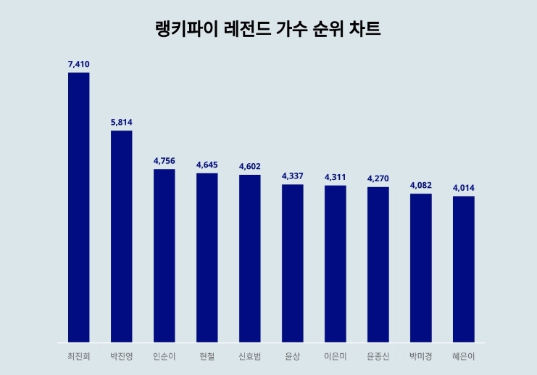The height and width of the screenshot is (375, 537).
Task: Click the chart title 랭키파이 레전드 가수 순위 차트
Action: pyautogui.click(x=268, y=30)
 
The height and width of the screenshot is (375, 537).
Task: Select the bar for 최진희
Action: pyautogui.click(x=78, y=207)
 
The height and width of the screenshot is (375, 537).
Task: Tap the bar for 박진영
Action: pyautogui.click(x=121, y=236)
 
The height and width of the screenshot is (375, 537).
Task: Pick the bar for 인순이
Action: pyautogui.click(x=164, y=255)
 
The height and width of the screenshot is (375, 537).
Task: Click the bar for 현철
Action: pyautogui.click(x=207, y=257)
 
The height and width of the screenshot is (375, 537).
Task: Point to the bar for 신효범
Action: pyautogui.click(x=249, y=258)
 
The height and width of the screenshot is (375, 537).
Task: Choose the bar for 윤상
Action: pyautogui.click(x=292, y=263)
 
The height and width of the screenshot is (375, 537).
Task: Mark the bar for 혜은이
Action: pyautogui.click(x=463, y=268)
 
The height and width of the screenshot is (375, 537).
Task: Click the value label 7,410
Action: pyautogui.click(x=78, y=65)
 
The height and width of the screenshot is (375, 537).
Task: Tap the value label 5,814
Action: pyautogui.click(x=121, y=123)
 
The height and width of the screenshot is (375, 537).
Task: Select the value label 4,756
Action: pyautogui.click(x=164, y=161)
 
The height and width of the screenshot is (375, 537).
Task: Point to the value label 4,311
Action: pyautogui.click(x=335, y=177)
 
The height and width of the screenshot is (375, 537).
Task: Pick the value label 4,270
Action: pyautogui.click(x=378, y=178)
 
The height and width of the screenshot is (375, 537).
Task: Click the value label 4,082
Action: pyautogui.click(x=420, y=185)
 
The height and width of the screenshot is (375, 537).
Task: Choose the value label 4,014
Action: pyautogui.click(x=463, y=188)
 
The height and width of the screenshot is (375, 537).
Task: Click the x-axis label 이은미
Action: pyautogui.click(x=335, y=356)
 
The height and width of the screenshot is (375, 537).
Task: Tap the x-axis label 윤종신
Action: pyautogui.click(x=378, y=356)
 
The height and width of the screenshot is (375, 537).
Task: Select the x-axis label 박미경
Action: pyautogui.click(x=420, y=356)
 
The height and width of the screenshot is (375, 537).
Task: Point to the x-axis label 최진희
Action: pyautogui.click(x=78, y=356)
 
